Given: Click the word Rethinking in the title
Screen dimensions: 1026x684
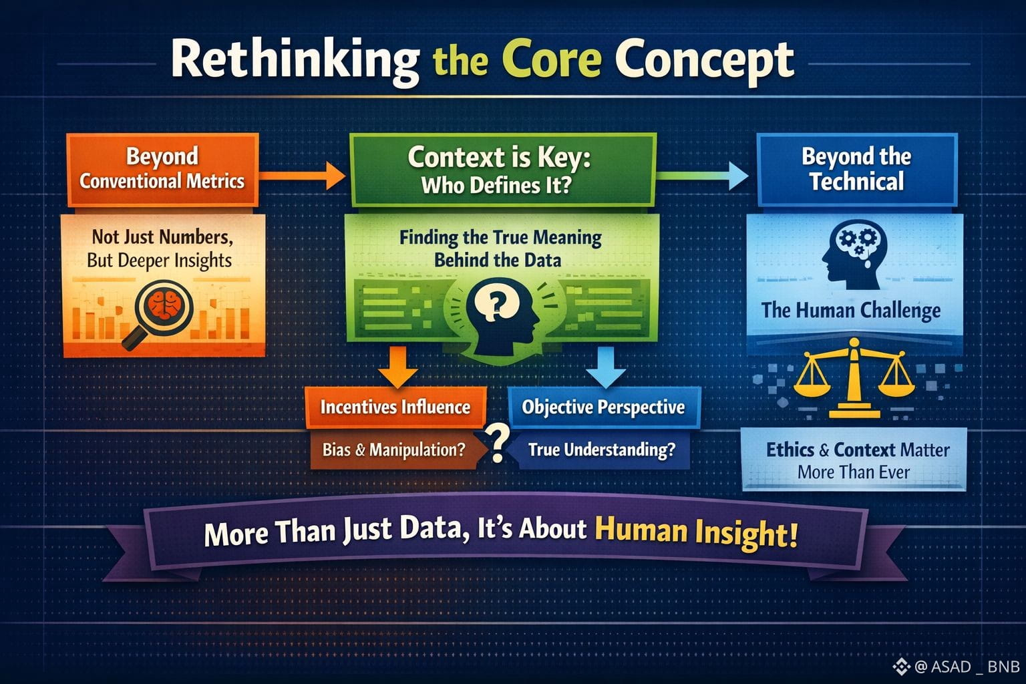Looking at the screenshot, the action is pos(295,62).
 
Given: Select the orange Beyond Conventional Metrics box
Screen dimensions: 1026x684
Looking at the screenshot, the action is pos(162,170).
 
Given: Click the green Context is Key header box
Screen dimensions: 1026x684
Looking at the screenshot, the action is pos(503,170).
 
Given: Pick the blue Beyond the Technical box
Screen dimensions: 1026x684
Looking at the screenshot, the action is pos(857,170).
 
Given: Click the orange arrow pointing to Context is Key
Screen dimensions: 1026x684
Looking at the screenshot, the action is pos(303,176).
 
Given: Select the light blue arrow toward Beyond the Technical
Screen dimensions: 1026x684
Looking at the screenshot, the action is pos(703,176).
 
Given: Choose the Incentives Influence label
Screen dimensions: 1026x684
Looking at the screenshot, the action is pos(395,407).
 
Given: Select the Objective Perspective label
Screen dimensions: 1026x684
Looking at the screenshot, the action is pos(604,407).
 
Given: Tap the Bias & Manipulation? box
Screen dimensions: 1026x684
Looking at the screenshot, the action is pos(394,450).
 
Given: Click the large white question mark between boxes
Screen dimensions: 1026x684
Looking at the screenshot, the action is pos(498,442).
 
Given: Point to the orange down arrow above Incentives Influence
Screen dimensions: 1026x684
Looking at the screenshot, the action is pos(398,367).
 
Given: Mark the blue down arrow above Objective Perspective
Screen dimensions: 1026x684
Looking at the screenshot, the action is pos(606,367).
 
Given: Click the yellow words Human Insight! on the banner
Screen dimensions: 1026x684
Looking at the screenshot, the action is pos(696,533).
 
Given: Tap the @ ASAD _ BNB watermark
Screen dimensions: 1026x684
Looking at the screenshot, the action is pos(957,667).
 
